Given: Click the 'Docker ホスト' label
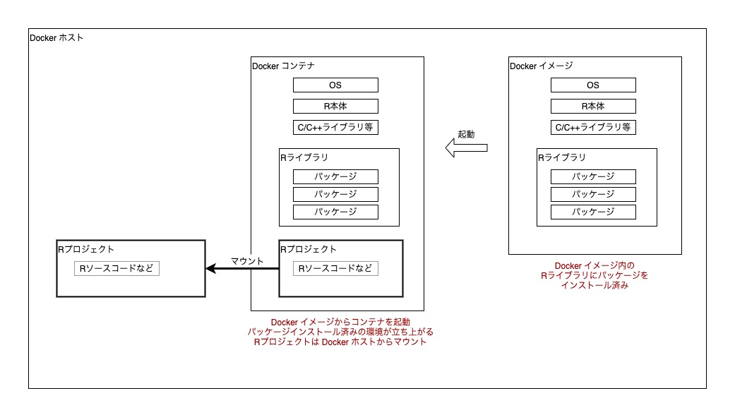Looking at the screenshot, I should click(56, 38).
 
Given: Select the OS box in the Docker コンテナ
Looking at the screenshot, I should click(335, 85).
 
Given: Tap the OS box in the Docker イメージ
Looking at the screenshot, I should click(593, 85).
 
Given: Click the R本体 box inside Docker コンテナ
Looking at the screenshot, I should click(335, 107).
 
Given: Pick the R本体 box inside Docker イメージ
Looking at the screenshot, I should click(593, 107).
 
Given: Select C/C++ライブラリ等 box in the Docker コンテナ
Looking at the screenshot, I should click(335, 128).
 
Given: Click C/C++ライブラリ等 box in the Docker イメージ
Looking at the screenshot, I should click(593, 128).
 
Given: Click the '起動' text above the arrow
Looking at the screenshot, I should click(466, 134).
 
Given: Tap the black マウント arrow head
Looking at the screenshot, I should click(210, 268).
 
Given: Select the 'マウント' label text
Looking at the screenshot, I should click(247, 261).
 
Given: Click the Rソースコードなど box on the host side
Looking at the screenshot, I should click(116, 268).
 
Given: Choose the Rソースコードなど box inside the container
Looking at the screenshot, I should click(335, 268).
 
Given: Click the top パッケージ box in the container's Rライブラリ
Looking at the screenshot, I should click(335, 176).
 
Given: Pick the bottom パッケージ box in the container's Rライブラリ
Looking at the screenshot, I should click(335, 212).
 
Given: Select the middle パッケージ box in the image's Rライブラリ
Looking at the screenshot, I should click(593, 194).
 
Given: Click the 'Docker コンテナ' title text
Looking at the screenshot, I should click(283, 66).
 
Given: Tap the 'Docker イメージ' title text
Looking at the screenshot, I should click(541, 66).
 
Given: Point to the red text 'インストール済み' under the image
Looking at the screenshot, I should click(594, 287).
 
